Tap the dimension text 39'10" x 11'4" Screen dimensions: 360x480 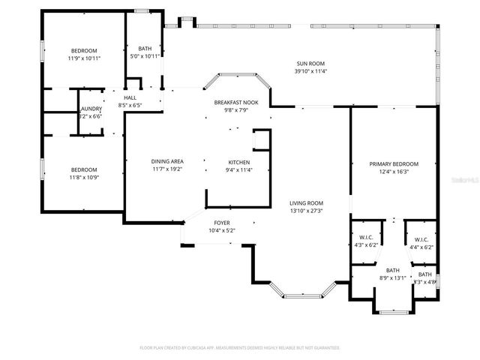tap(310, 73)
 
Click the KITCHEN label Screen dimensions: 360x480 tap(239, 162)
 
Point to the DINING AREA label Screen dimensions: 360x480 tap(167, 162)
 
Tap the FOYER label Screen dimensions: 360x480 tap(222, 223)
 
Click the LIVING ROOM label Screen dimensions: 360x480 tap(307, 202)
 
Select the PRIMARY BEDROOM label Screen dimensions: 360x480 tap(394, 163)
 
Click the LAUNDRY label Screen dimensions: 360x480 tap(91, 109)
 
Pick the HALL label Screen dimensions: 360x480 tap(130, 97)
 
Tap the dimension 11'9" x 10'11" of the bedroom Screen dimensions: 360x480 tap(84, 58)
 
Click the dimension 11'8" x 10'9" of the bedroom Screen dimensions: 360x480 tap(83, 177)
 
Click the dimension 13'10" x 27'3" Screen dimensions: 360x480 tap(307, 210)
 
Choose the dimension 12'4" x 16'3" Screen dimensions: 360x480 tap(394, 171)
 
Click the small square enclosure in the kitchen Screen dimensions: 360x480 tap(262, 140)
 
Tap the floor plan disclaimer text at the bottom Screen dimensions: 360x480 tap(240, 348)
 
